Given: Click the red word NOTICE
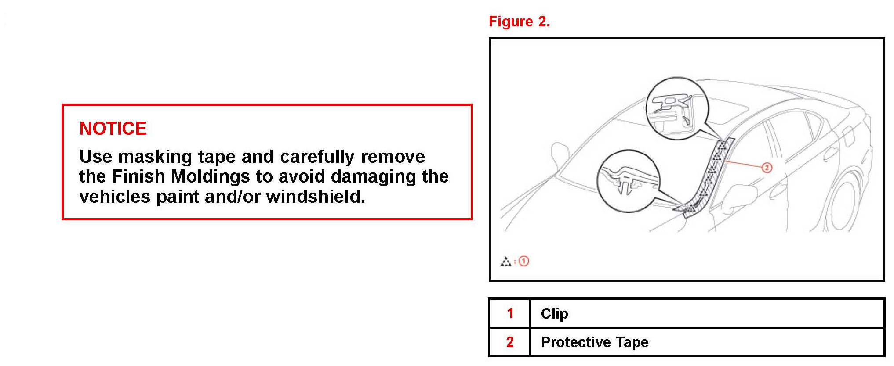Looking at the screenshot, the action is point(113,129).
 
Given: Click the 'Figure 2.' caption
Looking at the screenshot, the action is point(519,22).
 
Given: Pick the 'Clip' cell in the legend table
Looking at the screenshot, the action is point(555,313).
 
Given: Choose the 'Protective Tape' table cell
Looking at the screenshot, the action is point(595,342).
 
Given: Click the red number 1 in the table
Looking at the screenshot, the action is point(510,313).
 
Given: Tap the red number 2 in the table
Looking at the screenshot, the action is point(510,342).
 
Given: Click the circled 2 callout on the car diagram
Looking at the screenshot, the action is point(767,168).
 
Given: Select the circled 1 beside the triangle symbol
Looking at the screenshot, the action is point(524,262).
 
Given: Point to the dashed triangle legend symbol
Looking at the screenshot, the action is point(506,262).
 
